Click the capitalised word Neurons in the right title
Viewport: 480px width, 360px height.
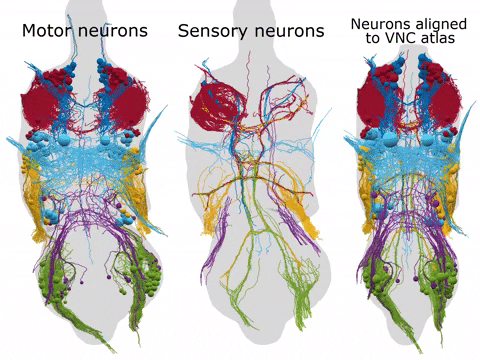377,22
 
